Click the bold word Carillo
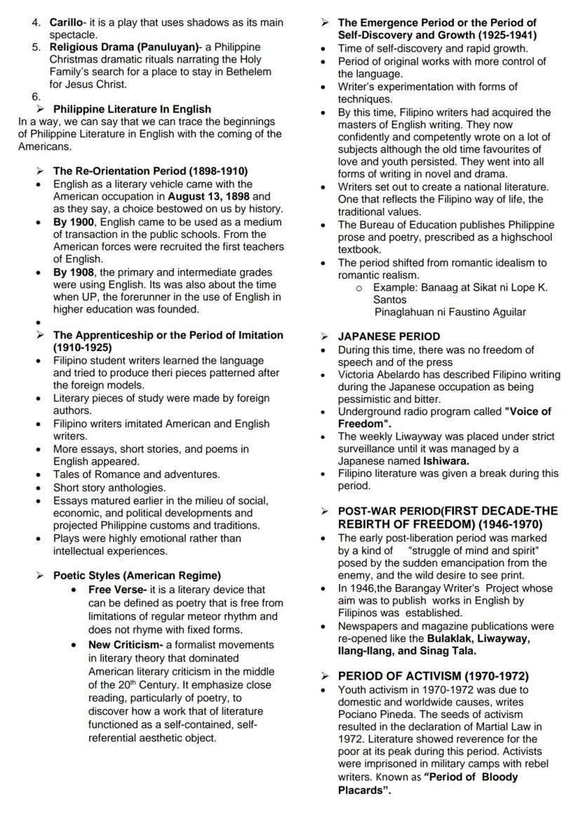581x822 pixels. click(65, 22)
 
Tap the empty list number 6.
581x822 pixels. click(36, 98)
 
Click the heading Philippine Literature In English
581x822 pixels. click(132, 110)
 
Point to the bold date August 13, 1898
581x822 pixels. click(208, 197)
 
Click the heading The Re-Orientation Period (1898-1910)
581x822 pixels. click(150, 171)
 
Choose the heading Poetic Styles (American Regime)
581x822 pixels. click(137, 576)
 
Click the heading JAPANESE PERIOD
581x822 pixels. click(389, 336)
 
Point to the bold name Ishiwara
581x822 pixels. click(446, 461)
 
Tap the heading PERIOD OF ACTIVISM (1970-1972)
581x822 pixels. click(433, 676)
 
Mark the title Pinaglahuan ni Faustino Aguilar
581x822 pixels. click(450, 312)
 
